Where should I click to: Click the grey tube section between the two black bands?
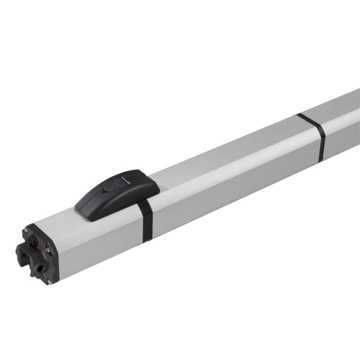click(230, 180)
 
